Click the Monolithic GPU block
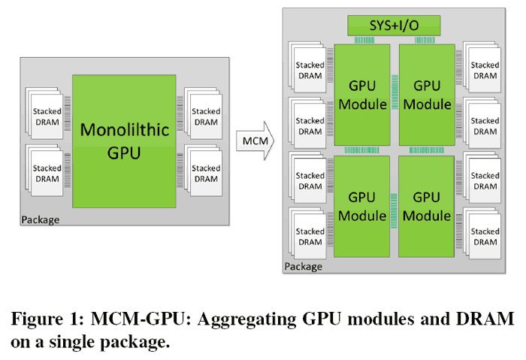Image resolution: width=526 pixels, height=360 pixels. point(124,141)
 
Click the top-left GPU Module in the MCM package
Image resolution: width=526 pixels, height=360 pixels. point(362,95)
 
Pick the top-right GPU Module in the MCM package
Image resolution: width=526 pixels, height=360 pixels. point(427,95)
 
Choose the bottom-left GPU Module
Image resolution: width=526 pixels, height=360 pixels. point(362,206)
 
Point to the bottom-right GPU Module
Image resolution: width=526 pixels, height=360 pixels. point(427,206)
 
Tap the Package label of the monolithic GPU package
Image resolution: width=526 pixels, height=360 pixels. point(41,220)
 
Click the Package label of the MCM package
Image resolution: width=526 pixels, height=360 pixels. point(304,266)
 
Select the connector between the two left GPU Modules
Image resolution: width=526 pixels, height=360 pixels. point(362,150)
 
